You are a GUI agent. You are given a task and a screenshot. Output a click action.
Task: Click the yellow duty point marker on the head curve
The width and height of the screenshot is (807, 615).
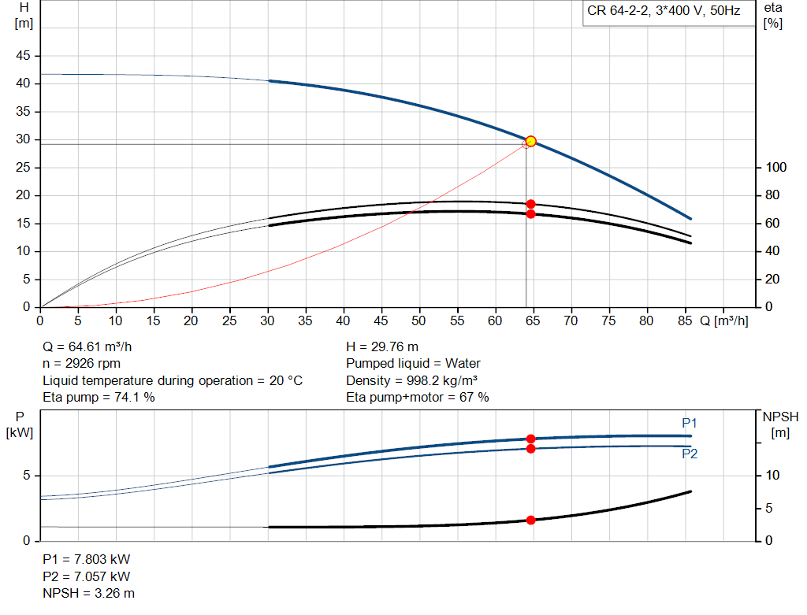tap(530, 141)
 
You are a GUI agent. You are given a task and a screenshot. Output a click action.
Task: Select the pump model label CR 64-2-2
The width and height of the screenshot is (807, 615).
tap(664, 11)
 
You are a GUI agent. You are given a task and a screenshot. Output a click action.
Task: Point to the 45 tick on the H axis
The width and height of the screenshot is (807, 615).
tap(24, 56)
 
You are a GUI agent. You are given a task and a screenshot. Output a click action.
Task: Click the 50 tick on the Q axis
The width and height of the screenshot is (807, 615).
tap(419, 320)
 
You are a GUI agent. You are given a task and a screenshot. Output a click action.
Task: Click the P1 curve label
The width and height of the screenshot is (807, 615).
tap(690, 424)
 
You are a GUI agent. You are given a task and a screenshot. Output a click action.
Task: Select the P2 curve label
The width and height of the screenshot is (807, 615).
tap(690, 454)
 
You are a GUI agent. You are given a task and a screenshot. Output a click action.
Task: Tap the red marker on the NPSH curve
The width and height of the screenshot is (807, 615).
tap(530, 520)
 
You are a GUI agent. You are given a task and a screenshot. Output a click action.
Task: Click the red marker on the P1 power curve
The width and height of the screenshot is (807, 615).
tap(530, 439)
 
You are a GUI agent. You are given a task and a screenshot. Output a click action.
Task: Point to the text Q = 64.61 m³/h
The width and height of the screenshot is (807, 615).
tap(94, 346)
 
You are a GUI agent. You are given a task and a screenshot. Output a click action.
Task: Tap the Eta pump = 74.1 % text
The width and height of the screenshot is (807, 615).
tap(99, 398)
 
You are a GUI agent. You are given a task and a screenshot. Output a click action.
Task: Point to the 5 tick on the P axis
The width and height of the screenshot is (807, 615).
tap(27, 476)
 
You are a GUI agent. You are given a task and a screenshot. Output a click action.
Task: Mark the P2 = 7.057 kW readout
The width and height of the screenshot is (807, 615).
tap(87, 576)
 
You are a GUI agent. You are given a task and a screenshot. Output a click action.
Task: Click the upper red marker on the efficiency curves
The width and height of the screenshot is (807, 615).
tap(530, 204)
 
